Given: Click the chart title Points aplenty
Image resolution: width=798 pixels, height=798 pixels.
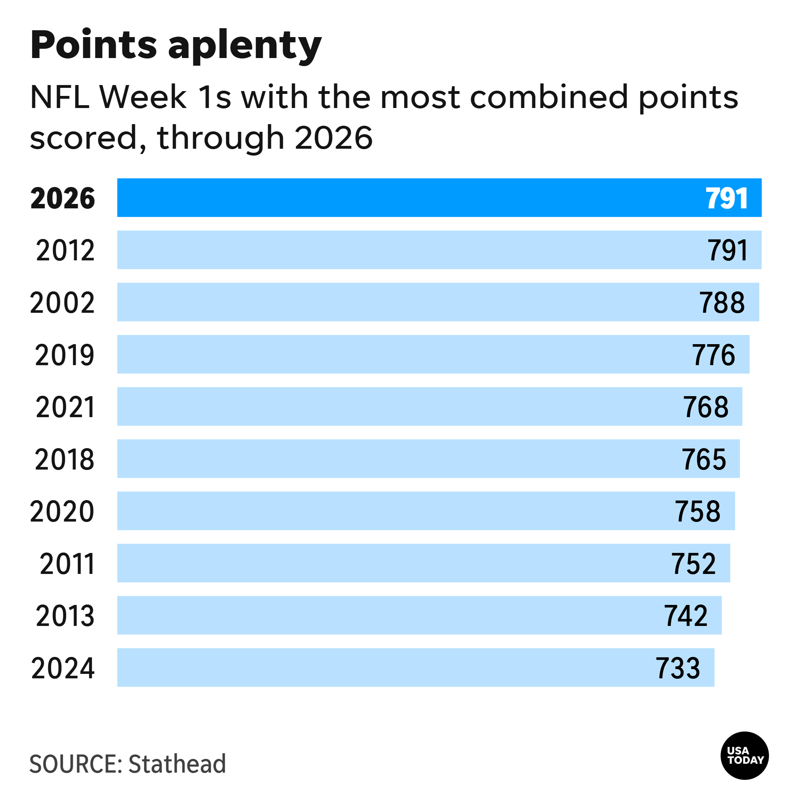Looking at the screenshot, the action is click(176, 46).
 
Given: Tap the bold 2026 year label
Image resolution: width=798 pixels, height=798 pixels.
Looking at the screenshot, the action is click(63, 198).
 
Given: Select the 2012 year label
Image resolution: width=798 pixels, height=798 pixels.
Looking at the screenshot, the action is click(65, 250).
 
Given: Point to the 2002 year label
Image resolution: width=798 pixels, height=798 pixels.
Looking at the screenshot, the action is click(62, 302).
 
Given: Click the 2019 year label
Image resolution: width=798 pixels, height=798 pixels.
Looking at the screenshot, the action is click(65, 355).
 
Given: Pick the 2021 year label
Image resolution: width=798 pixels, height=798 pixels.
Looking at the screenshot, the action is click(65, 407).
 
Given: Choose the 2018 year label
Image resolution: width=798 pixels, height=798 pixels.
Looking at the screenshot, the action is click(65, 459).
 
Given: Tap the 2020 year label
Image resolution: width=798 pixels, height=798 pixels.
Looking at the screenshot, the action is click(62, 511).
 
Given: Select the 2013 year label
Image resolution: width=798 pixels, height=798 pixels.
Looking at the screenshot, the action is click(65, 616).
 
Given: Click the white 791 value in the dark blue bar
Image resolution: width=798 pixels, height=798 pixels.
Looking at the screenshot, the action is click(727, 198).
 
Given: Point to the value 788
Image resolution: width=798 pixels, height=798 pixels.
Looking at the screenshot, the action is click(722, 302).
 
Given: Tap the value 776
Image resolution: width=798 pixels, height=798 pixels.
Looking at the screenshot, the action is click(714, 355).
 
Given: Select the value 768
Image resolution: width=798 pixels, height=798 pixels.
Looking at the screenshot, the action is click(706, 407).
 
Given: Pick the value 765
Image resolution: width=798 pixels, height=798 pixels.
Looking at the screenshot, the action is click(704, 459).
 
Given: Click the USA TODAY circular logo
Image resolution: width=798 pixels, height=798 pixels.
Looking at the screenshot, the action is click(745, 755).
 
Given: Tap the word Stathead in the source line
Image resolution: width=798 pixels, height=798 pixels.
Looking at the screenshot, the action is click(177, 764).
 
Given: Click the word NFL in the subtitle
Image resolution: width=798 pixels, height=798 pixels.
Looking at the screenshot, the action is click(60, 97).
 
